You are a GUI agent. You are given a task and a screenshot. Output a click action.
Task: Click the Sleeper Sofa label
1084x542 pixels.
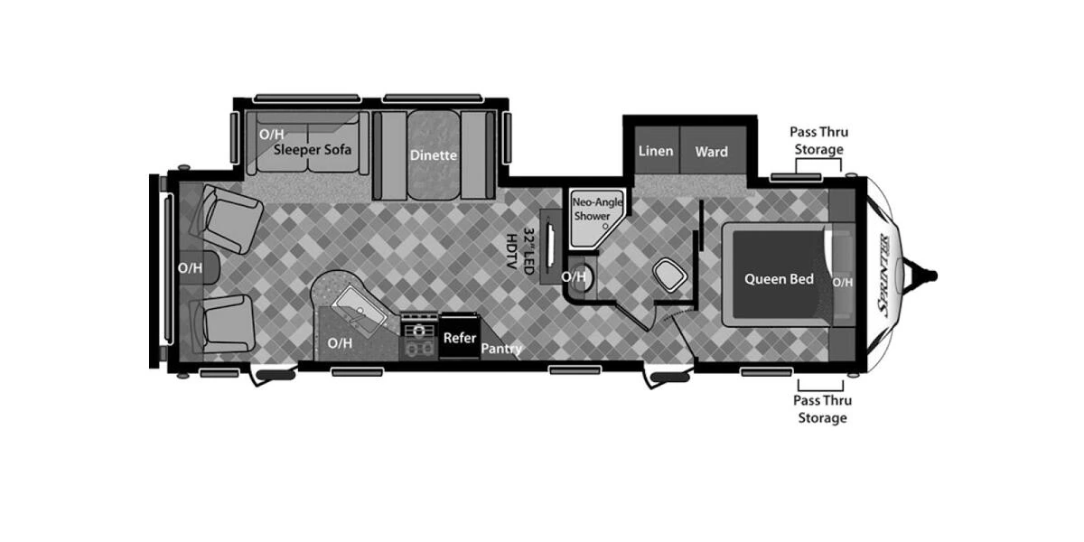click(x=313, y=150)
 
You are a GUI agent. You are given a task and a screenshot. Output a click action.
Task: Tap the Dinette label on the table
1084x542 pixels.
click(x=433, y=155)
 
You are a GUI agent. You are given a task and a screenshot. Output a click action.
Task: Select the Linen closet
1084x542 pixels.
click(x=657, y=151)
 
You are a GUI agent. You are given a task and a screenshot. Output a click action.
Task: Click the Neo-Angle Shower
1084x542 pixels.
click(x=595, y=218)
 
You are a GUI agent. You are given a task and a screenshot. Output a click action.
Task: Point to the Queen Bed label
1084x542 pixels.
click(x=779, y=279)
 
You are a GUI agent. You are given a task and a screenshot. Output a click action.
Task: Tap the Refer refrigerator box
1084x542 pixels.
click(x=459, y=337)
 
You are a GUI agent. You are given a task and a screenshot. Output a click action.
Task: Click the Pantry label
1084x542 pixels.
click(x=501, y=349)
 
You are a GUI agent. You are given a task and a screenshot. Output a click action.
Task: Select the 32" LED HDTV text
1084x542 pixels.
click(x=519, y=251)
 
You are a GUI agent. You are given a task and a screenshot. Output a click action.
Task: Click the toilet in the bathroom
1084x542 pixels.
click(x=669, y=276)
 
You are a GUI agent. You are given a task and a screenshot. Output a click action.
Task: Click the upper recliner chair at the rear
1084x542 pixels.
click(x=227, y=219)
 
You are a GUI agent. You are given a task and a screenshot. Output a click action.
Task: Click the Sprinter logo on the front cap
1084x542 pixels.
click(x=883, y=275)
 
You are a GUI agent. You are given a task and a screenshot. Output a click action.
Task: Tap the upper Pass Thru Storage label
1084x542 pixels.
click(x=818, y=140)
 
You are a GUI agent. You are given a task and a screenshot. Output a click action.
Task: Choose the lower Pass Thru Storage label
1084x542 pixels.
click(x=822, y=409)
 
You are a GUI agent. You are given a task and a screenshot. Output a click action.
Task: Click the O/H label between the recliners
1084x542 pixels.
click(x=190, y=267)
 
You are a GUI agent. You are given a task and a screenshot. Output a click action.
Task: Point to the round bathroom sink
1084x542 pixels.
click(x=580, y=277)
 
